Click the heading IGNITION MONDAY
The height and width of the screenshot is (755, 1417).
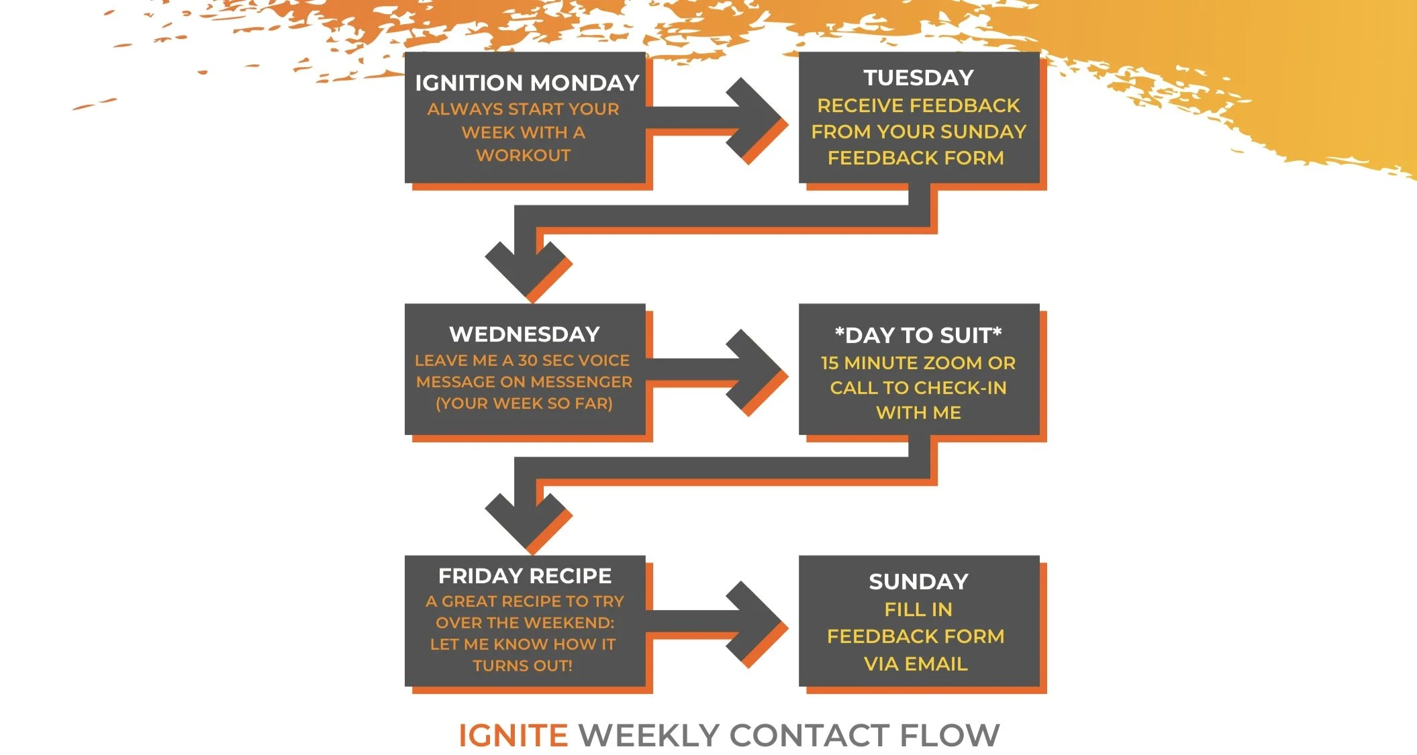coord(526,83)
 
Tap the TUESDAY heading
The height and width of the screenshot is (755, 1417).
coord(918,78)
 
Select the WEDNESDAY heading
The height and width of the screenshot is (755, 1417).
coord(524,334)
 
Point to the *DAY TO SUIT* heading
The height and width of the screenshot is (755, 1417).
coord(918,335)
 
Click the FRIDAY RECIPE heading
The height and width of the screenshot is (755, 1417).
coord(524,576)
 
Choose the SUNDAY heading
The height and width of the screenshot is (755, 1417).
coord(918,581)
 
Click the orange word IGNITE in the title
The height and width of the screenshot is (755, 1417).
coord(513,736)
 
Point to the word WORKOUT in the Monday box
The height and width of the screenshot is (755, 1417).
coord(524,155)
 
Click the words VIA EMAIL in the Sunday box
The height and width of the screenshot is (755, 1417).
coord(916,664)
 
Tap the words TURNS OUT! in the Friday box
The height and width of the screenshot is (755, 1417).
coord(522,666)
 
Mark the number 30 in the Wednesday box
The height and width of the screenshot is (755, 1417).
coord(528,360)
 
